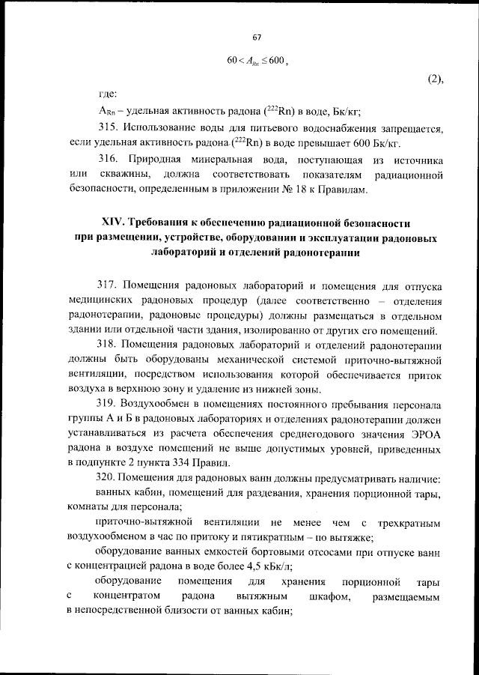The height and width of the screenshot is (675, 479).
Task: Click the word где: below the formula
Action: click(108, 94)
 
